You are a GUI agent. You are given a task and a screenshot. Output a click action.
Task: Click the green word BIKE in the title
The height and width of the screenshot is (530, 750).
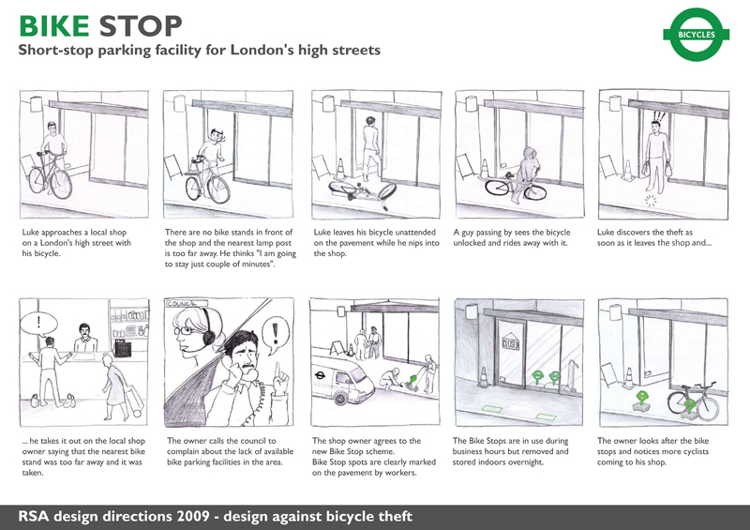[54, 26]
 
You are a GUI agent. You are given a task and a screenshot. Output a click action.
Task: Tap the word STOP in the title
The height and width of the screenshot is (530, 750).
[141, 26]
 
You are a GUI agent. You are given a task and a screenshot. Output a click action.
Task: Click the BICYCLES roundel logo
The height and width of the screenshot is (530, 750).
[696, 35]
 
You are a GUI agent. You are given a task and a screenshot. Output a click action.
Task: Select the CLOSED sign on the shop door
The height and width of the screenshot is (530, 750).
[510, 342]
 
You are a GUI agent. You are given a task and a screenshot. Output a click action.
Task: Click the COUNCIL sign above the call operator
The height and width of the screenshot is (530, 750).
[187, 304]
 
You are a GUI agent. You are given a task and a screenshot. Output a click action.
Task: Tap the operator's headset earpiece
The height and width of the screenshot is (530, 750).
[208, 336]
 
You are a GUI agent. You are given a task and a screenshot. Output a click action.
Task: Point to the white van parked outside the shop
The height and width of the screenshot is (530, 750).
[342, 379]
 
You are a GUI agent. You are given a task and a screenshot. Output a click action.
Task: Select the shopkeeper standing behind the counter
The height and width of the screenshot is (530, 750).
[85, 338]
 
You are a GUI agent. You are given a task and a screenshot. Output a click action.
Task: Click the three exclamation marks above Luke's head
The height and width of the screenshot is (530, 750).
[659, 116]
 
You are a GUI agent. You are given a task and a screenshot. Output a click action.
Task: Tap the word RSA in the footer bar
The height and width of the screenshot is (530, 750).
[34, 517]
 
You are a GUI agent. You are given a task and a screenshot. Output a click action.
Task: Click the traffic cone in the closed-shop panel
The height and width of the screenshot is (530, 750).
[483, 377]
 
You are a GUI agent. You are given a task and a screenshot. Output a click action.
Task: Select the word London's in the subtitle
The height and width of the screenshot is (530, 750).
[262, 50]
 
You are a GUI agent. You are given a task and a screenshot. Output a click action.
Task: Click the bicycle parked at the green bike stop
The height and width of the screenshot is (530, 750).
[693, 401]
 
